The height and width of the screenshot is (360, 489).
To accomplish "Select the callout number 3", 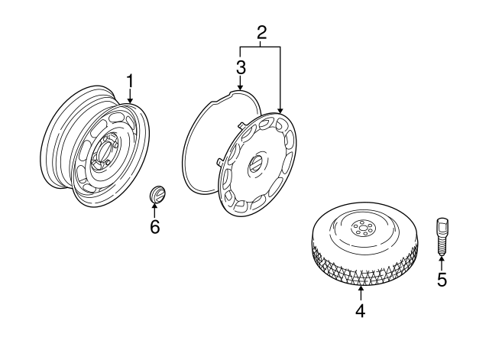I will click(x=240, y=66).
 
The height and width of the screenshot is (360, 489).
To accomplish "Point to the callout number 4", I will click(x=360, y=310).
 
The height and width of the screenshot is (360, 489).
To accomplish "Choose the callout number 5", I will click(x=442, y=279).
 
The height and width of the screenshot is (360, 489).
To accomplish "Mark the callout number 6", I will click(x=155, y=227).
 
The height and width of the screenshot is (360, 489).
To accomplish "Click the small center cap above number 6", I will click(x=156, y=195).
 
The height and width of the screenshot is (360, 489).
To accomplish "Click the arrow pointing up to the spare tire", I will click(x=360, y=290).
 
